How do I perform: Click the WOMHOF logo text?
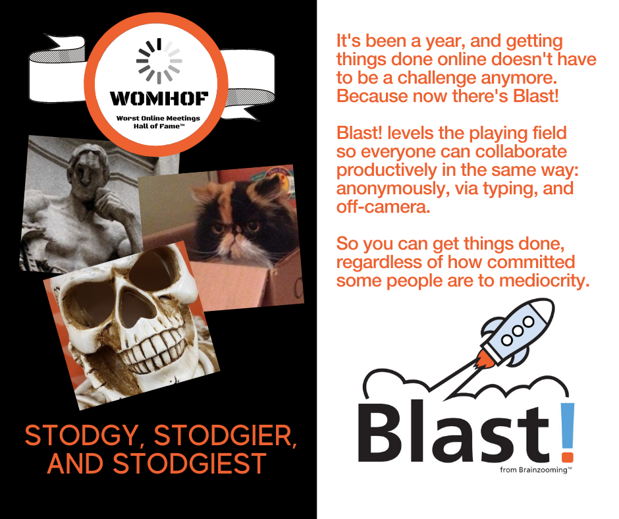158,99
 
